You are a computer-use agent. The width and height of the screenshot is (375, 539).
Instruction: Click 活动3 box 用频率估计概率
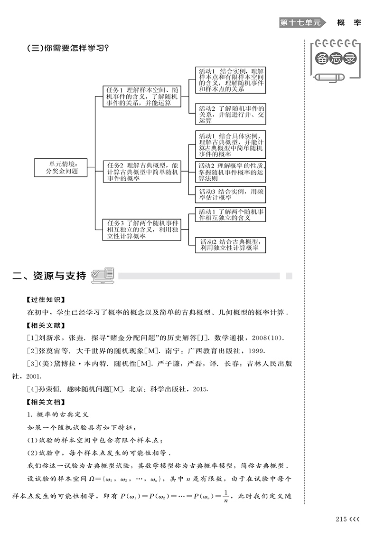230,195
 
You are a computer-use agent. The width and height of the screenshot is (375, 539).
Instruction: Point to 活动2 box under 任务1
230,114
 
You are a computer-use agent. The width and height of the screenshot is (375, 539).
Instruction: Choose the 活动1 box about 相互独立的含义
230,215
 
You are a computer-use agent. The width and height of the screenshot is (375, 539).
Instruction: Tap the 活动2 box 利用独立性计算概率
230,245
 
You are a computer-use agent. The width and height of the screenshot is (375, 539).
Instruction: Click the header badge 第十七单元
300,22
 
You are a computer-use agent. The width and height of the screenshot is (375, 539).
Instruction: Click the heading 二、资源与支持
50,276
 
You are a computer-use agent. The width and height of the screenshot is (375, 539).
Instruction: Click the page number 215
341,520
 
